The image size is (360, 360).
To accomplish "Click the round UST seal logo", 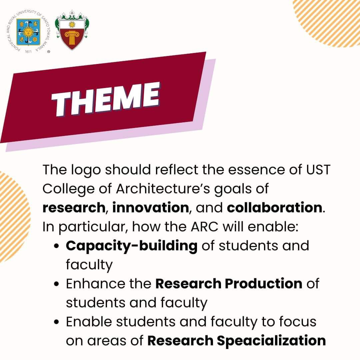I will tap(28, 32).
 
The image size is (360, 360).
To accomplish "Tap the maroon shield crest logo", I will tap(72, 31).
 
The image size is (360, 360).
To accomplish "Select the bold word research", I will tap(74, 208).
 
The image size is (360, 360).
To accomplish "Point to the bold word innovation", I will tap(151, 208).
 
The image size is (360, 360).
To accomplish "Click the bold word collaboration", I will tap(274, 208).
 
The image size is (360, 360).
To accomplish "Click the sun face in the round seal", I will tap(28, 32).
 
